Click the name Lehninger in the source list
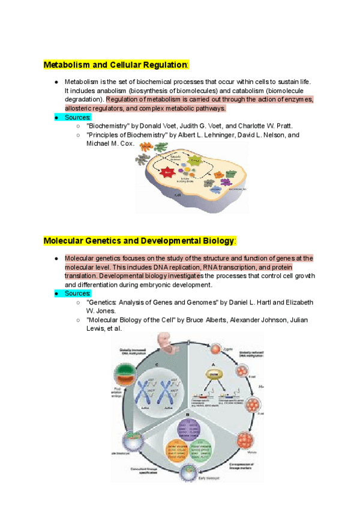230,135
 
